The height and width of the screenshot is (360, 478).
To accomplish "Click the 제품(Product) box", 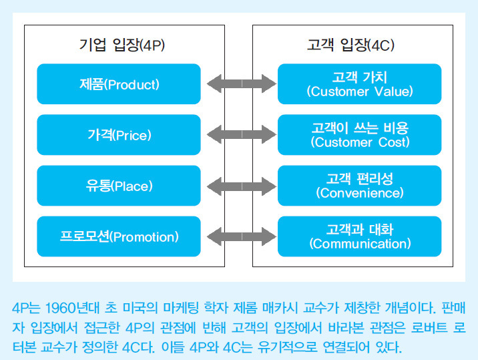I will click(119, 84).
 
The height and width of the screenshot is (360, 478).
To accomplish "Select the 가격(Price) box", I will click(119, 135).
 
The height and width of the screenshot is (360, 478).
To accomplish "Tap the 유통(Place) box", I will click(119, 186).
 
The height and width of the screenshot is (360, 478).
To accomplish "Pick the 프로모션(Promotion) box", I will click(119, 236).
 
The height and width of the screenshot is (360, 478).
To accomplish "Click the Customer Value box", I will click(359, 84).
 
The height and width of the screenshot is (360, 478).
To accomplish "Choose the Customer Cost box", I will click(359, 135).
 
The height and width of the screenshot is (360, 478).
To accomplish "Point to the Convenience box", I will click(359, 186).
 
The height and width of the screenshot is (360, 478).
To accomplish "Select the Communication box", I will click(359, 236).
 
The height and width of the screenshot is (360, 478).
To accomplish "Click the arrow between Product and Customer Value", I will click(239, 84).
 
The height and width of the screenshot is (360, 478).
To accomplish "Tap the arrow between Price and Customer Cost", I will click(239, 135).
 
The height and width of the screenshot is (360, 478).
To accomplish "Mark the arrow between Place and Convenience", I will click(239, 186).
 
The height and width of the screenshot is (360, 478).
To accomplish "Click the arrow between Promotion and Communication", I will click(239, 236).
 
